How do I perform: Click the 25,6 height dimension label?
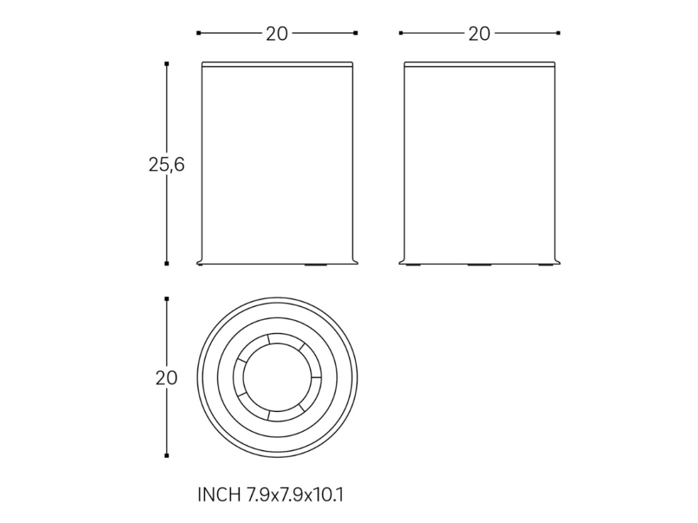[166, 165]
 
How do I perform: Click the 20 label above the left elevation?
[277, 34]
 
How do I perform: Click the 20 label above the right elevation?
[479, 34]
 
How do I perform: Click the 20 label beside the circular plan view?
[166, 378]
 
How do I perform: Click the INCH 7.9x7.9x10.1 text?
[270, 494]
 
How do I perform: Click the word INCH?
[219, 494]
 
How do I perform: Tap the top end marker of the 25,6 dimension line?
[167, 64]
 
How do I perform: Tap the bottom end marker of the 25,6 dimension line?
[167, 264]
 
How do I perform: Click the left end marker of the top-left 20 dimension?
[198, 33]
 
